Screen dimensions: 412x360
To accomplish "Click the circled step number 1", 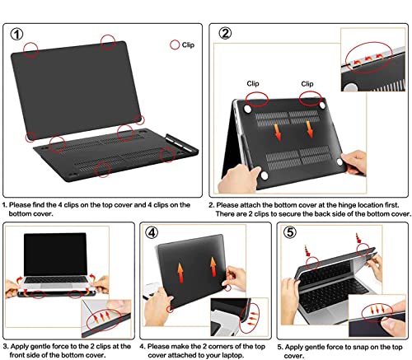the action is [x=16, y=35].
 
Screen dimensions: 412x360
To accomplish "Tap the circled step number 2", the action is [x=225, y=33].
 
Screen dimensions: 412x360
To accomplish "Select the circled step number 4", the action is [x=152, y=233].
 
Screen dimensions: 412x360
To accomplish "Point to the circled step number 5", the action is [x=290, y=232].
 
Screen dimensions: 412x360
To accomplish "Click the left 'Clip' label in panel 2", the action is [x=253, y=83].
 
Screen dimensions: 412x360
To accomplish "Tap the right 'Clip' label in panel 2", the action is [x=307, y=84].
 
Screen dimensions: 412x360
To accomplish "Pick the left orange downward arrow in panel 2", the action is [x=278, y=133].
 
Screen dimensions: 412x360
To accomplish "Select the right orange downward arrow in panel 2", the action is [x=310, y=129].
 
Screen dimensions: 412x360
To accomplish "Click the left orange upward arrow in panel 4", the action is [x=180, y=273].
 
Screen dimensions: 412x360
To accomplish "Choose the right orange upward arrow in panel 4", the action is [x=213, y=267].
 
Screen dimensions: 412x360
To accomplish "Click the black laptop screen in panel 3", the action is [x=55, y=255].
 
